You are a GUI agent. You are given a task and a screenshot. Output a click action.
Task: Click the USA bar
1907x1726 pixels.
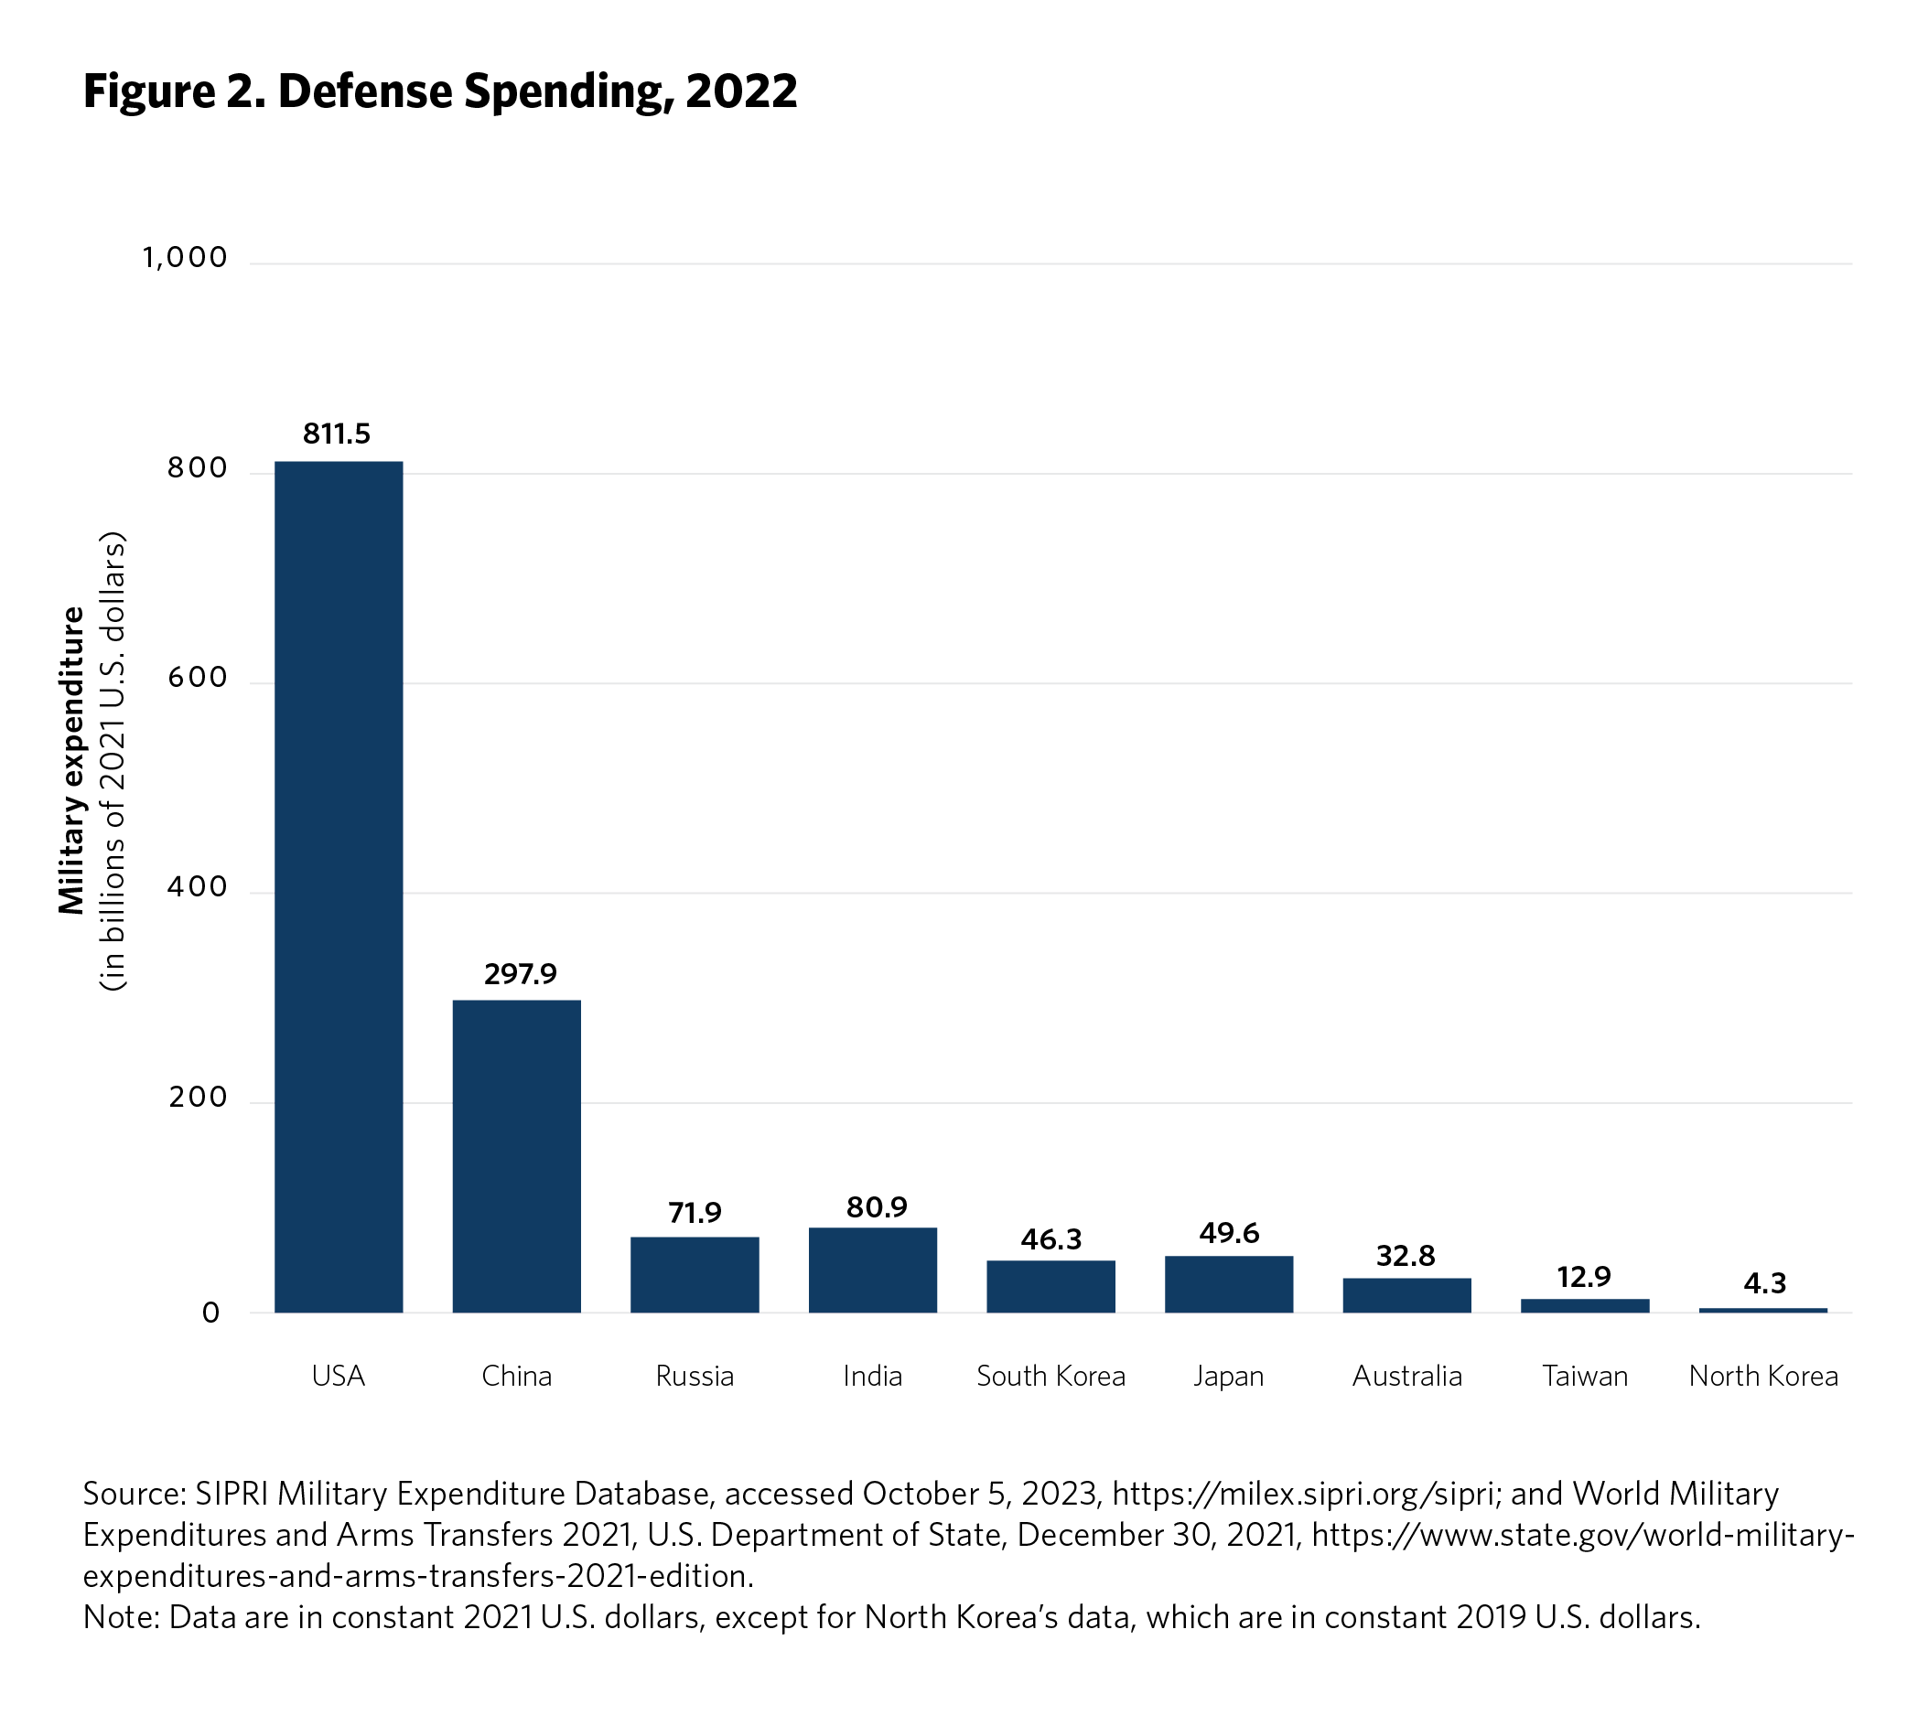pyautogui.click(x=339, y=886)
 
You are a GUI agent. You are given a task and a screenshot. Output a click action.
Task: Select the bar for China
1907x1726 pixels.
pyautogui.click(x=516, y=1156)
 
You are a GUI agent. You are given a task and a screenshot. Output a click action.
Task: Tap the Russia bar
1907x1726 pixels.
pyautogui.click(x=695, y=1274)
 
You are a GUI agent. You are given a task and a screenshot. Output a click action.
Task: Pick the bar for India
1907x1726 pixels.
pyautogui.click(x=872, y=1270)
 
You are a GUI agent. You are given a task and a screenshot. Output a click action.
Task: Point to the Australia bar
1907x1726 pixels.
pyautogui.click(x=1406, y=1295)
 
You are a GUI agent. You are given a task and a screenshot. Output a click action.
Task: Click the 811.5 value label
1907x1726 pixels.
pyautogui.click(x=337, y=434)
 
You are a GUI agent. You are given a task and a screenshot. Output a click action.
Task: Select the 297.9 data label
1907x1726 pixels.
pyautogui.click(x=521, y=973)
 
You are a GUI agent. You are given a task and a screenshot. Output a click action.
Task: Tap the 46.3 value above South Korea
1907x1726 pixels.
pyautogui.click(x=1050, y=1239)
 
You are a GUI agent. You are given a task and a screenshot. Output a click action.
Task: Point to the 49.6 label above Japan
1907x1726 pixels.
pyautogui.click(x=1229, y=1233)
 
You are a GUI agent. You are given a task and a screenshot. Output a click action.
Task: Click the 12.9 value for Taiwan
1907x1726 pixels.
pyautogui.click(x=1583, y=1277)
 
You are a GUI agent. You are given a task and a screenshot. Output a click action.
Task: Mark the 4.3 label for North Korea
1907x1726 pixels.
pyautogui.click(x=1764, y=1283)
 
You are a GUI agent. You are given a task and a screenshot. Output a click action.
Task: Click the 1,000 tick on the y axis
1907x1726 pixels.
pyautogui.click(x=186, y=257)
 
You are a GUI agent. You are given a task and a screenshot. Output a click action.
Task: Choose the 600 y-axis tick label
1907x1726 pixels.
pyautogui.click(x=198, y=677)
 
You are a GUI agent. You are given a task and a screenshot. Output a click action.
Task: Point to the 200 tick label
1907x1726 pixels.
pyautogui.click(x=198, y=1097)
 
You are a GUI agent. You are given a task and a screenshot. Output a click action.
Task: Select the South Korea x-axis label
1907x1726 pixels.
pyautogui.click(x=1050, y=1376)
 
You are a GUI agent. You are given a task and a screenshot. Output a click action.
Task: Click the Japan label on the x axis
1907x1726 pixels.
pyautogui.click(x=1229, y=1376)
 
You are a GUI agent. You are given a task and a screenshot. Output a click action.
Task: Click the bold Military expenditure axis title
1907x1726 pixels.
pyautogui.click(x=72, y=760)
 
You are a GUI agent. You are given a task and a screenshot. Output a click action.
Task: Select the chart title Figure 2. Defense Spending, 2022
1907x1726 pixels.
pyautogui.click(x=440, y=91)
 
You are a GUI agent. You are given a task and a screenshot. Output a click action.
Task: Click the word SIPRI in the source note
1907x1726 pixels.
pyautogui.click(x=232, y=1494)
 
